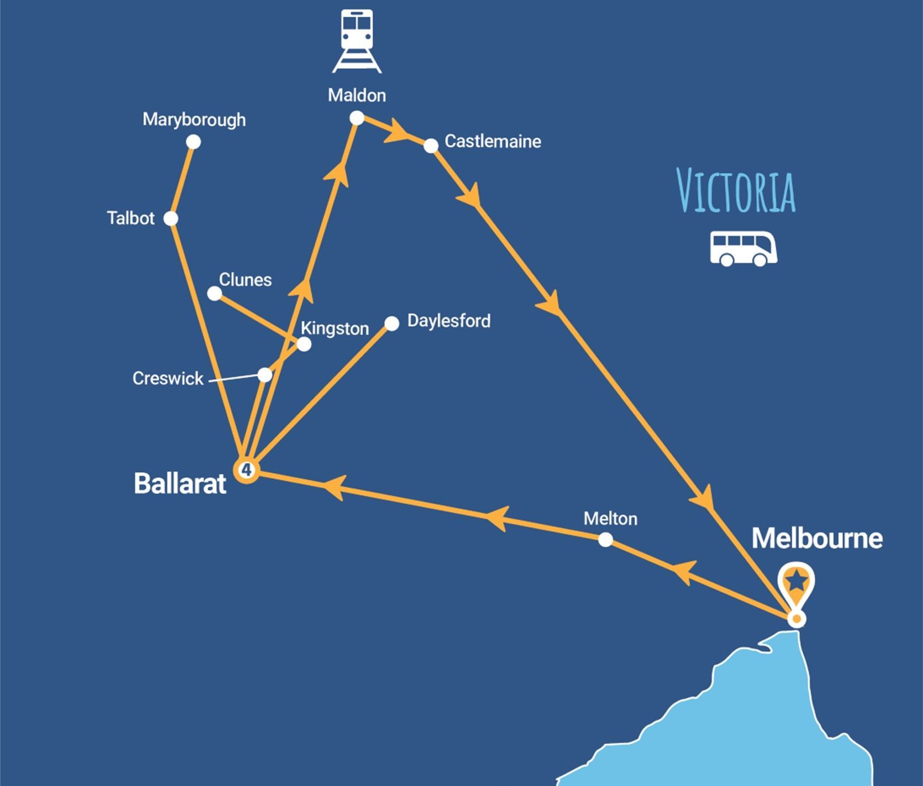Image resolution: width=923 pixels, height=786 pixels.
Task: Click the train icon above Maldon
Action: [357, 41]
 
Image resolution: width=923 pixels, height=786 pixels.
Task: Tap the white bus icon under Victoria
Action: [743, 248]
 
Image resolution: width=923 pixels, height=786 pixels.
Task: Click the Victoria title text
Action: [736, 190]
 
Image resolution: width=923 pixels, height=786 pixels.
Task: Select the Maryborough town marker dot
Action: [193, 142]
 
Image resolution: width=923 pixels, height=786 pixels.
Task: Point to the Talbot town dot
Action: [171, 218]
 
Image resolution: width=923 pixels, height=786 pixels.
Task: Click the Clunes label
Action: [246, 280]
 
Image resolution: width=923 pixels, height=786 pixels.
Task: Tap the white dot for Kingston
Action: [304, 344]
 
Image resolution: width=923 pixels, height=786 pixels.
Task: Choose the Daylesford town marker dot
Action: [392, 324]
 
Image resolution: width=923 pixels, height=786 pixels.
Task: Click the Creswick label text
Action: [168, 379]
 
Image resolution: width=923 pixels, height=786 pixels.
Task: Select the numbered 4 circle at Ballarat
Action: [246, 470]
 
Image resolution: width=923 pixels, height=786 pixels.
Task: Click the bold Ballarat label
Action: [180, 484]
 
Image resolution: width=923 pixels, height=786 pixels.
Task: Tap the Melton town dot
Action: [605, 539]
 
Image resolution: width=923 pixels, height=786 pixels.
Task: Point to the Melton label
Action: [610, 519]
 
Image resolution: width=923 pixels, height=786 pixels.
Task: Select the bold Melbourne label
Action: [817, 538]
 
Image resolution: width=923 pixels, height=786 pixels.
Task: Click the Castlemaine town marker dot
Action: [431, 146]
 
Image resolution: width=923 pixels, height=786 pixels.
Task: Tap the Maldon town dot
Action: [357, 118]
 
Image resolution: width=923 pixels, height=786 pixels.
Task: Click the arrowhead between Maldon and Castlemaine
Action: [396, 131]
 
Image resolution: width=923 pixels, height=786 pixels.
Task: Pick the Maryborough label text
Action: [194, 119]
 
